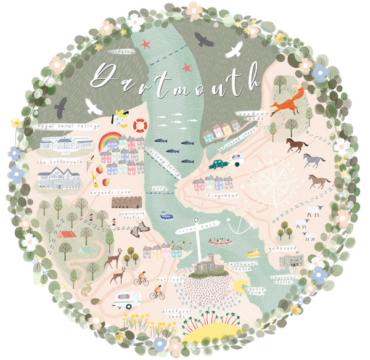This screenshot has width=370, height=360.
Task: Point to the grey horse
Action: click(313, 160)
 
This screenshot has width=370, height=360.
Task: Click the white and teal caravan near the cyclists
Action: click(126, 300)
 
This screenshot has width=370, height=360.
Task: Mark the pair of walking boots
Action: click(144, 228)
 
